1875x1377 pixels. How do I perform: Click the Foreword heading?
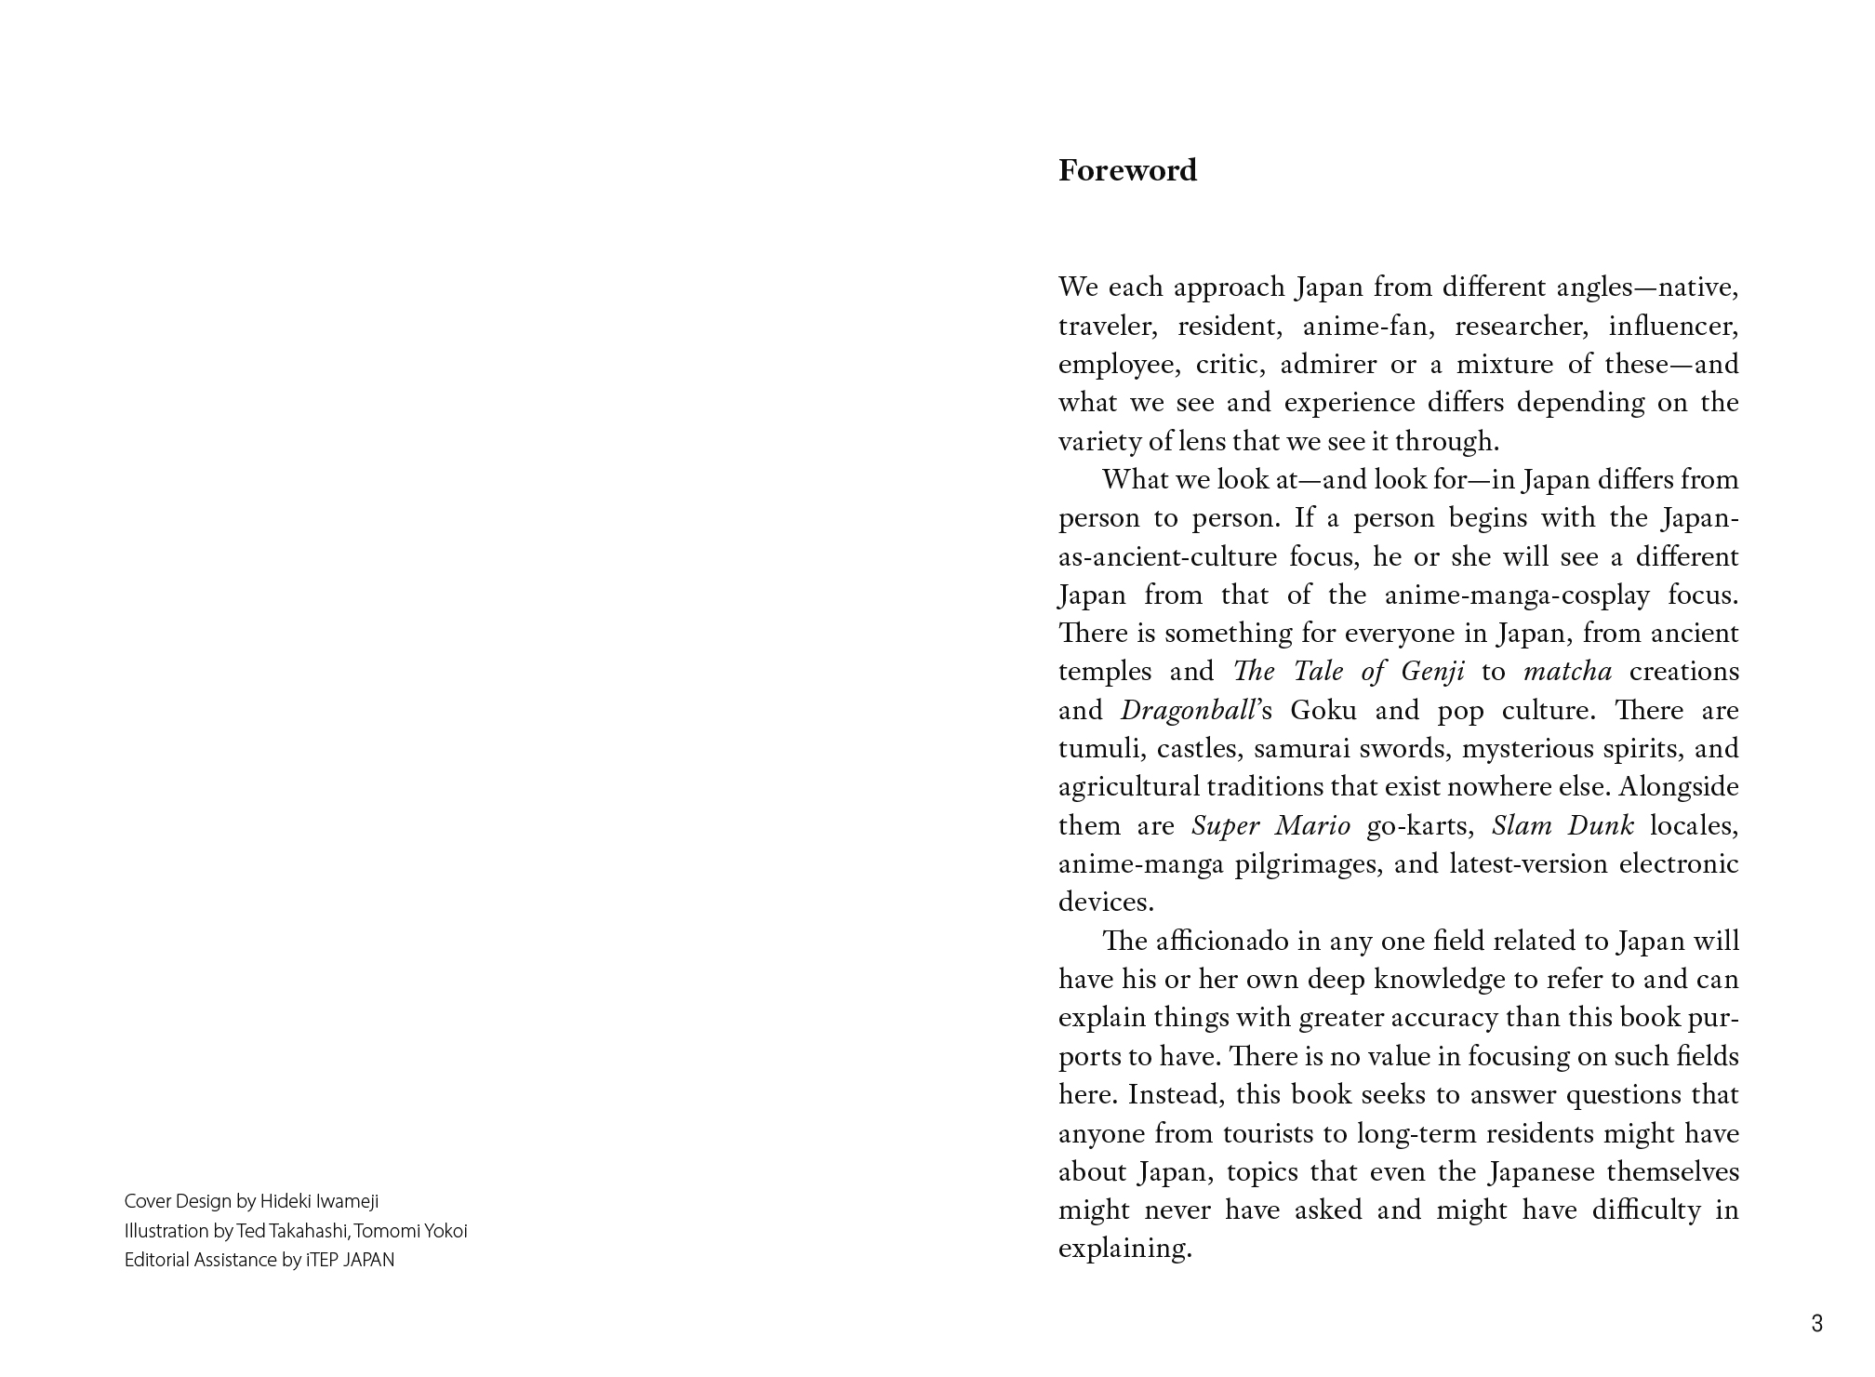1127,171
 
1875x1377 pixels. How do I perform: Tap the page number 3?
1816,1323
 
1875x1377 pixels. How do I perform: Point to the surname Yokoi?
445,1231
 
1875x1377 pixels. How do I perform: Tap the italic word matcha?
1567,672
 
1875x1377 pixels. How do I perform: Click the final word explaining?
1124,1249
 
